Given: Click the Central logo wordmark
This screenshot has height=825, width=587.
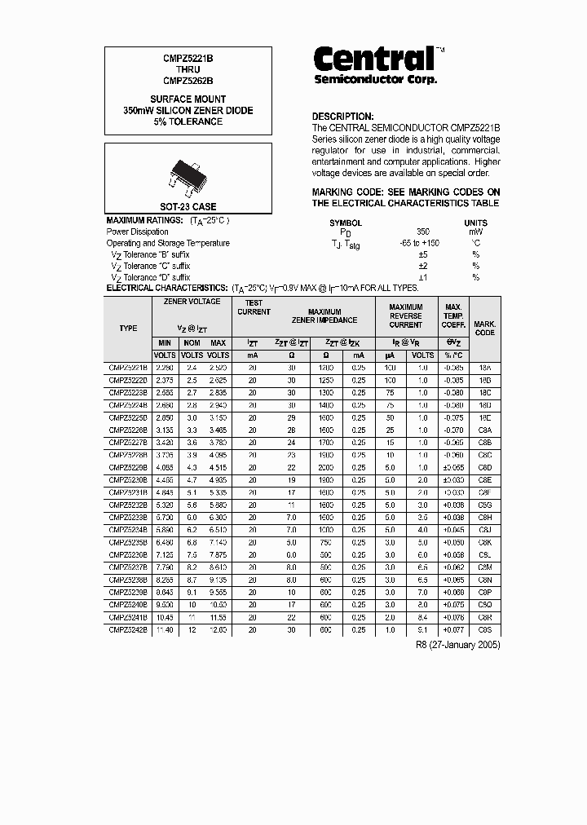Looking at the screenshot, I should (375, 59).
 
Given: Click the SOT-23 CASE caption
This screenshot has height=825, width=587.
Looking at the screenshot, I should (188, 207).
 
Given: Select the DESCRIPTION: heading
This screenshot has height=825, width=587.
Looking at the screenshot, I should (342, 117).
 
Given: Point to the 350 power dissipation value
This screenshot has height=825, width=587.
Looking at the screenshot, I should (422, 232).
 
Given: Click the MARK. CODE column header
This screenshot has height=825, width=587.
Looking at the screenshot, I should (484, 329).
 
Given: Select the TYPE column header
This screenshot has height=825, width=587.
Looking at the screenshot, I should (128, 328).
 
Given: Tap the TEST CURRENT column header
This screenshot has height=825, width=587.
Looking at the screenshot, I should (254, 307).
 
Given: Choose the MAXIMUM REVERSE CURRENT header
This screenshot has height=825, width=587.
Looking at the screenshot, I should (405, 315).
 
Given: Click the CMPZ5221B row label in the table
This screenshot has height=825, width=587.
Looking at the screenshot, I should (128, 368).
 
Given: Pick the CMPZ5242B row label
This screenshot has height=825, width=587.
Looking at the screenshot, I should (128, 630).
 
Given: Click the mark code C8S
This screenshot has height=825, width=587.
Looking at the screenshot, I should (484, 630).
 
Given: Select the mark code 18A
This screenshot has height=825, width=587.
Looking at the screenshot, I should (484, 368).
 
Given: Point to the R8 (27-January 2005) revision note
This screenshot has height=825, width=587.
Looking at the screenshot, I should (458, 645).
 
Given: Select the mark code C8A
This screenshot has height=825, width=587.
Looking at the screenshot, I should (484, 430).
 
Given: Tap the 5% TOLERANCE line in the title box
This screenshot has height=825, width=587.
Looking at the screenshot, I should (188, 121).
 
